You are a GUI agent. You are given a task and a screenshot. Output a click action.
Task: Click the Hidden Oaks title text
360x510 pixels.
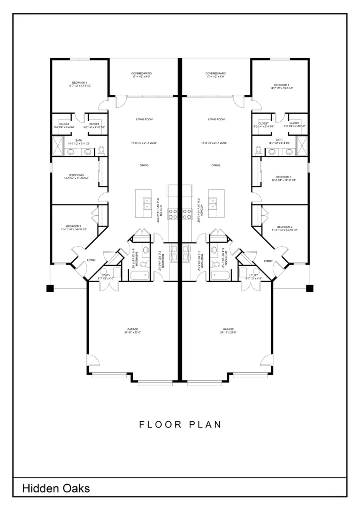pos(56,488)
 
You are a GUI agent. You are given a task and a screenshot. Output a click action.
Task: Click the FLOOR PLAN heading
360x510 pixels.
pos(180,424)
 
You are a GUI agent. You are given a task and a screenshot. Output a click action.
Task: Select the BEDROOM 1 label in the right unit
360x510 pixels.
pos(281,85)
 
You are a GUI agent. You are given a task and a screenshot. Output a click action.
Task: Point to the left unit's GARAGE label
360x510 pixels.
pos(132,329)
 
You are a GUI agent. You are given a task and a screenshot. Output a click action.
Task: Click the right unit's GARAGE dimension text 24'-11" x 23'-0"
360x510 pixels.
pos(228,333)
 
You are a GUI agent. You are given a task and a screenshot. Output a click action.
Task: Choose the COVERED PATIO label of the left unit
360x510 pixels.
pos(141,74)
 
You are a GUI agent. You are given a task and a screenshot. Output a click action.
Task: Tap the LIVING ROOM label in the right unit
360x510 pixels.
pos(216,119)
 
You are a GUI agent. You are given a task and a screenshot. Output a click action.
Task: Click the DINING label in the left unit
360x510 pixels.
pos(144,165)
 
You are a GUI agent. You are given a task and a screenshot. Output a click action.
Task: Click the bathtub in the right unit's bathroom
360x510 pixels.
pos(219,276)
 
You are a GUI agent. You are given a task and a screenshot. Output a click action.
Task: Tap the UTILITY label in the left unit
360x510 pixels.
pos(106,275)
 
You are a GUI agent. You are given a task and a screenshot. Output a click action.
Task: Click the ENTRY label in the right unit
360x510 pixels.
pos(268,261)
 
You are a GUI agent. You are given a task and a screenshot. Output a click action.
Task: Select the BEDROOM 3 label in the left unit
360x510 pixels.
pos(76,175)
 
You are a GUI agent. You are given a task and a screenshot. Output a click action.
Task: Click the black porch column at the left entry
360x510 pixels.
pos(50,288)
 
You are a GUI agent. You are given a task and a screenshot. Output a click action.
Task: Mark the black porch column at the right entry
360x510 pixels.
pos(310,288)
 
